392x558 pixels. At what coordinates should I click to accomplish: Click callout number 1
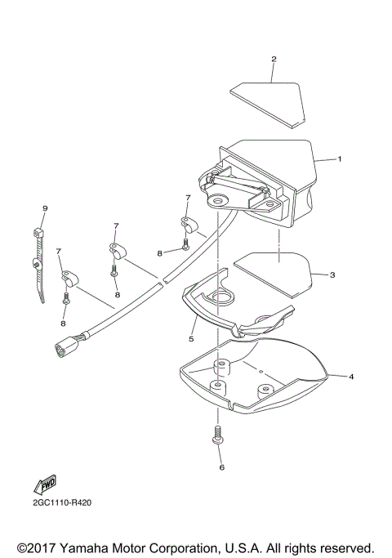[x=340, y=158]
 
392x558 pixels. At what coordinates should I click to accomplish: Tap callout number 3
[x=333, y=275]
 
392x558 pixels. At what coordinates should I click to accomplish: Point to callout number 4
[x=350, y=377]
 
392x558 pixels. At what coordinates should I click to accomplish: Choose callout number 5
[x=191, y=337]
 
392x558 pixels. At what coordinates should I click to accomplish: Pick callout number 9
[x=45, y=209]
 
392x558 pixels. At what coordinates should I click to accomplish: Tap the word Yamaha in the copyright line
[x=90, y=547]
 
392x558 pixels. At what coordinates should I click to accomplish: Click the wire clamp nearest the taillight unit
[x=188, y=222]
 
